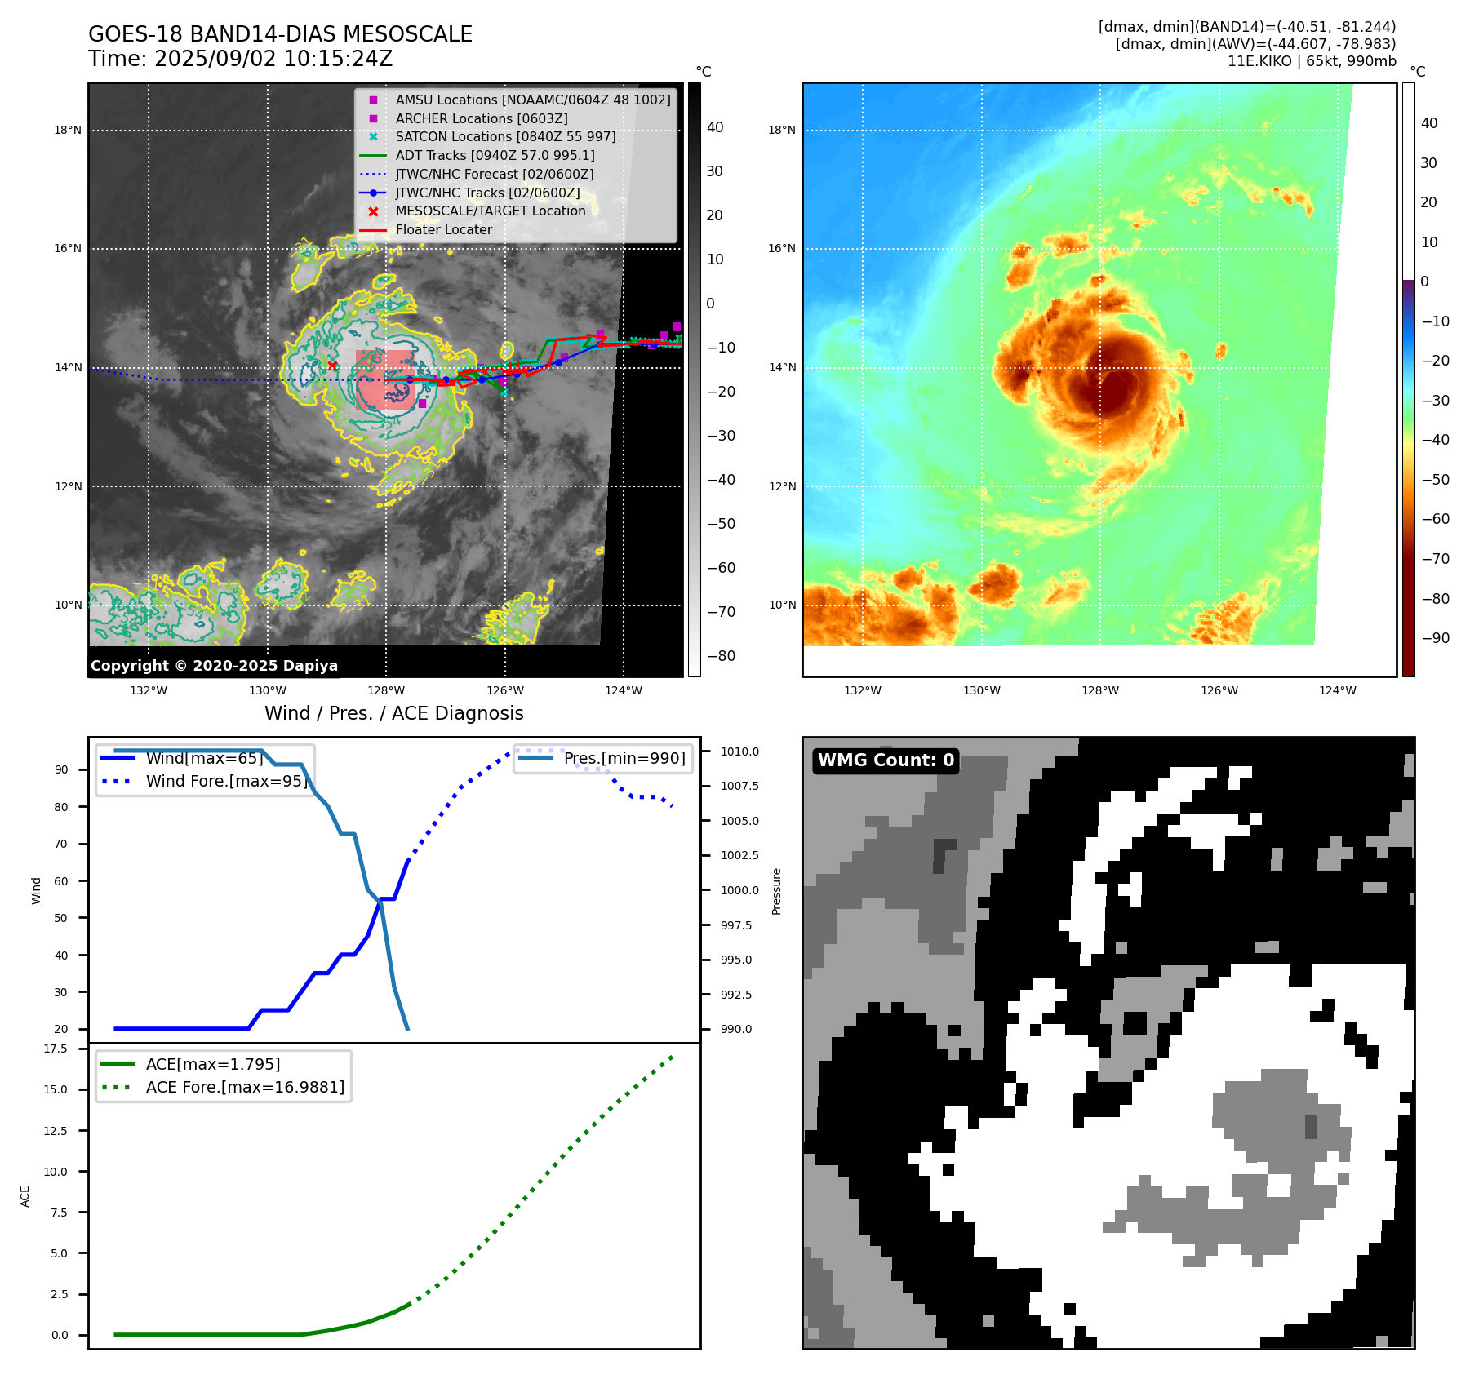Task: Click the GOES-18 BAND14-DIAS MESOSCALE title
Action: [x=280, y=34]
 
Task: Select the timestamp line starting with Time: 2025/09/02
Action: [x=240, y=59]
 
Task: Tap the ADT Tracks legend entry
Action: [x=495, y=155]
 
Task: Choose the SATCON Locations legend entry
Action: [x=505, y=136]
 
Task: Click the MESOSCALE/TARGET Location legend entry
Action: [x=490, y=211]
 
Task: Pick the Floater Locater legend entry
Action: [x=443, y=229]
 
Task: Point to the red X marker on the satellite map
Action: [x=332, y=366]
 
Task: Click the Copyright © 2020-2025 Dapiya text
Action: [x=214, y=665]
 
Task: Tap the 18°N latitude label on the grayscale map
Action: [x=68, y=130]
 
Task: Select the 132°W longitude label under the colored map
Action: [x=862, y=690]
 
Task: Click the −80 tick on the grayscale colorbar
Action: [x=721, y=655]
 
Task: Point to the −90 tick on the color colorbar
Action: [x=1435, y=637]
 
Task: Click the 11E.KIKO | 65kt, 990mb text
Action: [x=1311, y=61]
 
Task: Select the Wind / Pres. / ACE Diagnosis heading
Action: [x=393, y=713]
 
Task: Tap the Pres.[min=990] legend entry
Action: [x=624, y=758]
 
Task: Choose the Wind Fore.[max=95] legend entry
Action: [x=226, y=781]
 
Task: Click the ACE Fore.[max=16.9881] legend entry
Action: [x=245, y=1087]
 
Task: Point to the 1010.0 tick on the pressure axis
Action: [x=739, y=752]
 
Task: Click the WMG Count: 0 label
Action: [x=886, y=760]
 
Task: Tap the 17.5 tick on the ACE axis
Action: [x=56, y=1049]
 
